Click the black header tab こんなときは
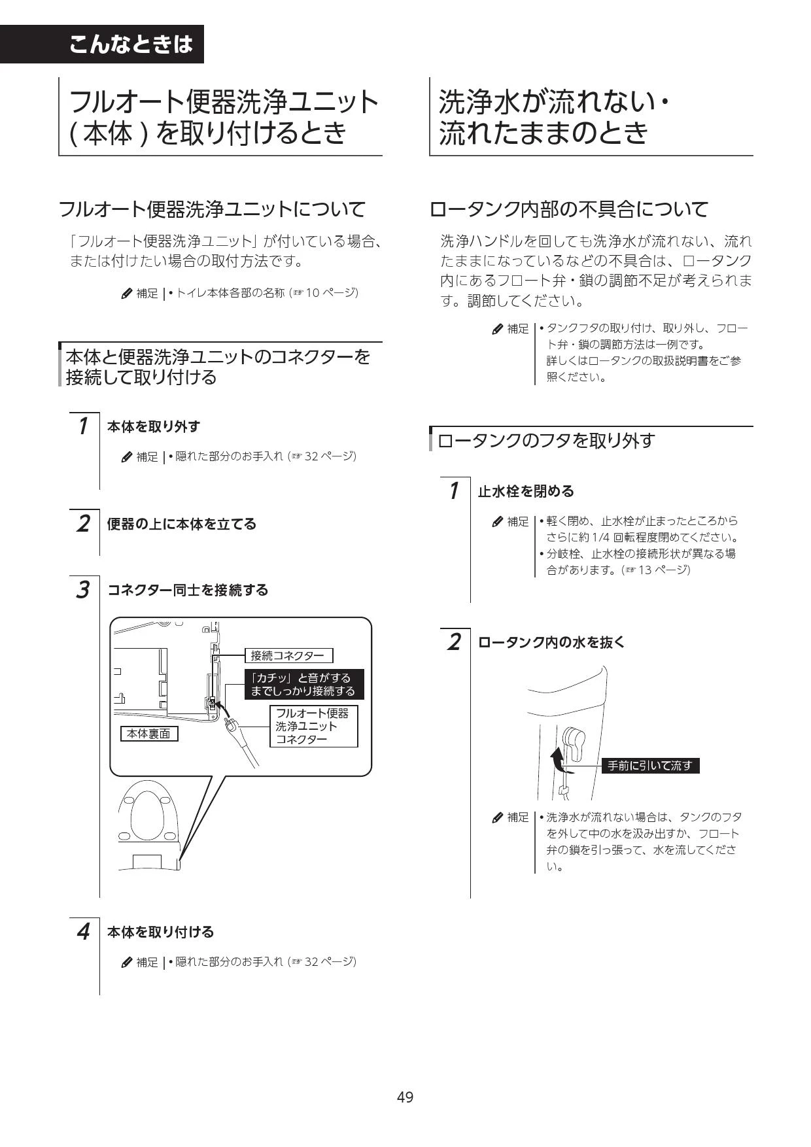[101, 44]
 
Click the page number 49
[405, 1097]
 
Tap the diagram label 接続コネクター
[288, 655]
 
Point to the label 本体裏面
[148, 734]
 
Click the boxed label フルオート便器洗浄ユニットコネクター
[314, 726]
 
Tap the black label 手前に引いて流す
[650, 765]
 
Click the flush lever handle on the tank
[573, 743]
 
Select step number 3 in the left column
[82, 589]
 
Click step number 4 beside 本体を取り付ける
[82, 931]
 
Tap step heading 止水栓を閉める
[526, 491]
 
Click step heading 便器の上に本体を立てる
[182, 524]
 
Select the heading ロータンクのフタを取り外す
[546, 440]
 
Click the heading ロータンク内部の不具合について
[569, 209]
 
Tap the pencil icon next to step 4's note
[127, 962]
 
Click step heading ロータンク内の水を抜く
[551, 642]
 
